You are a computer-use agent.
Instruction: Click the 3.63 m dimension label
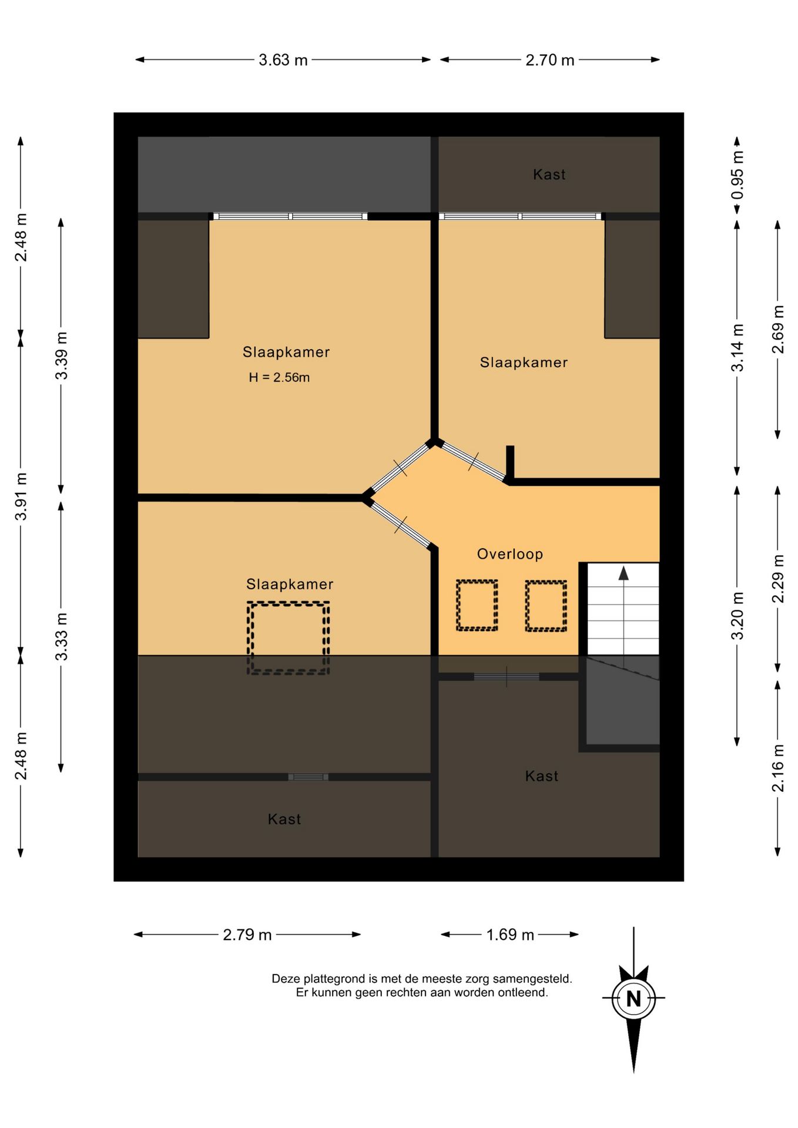(283, 60)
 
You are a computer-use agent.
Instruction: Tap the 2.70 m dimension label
(550, 60)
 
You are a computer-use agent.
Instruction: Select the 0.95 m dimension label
(737, 175)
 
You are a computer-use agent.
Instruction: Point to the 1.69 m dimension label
(510, 935)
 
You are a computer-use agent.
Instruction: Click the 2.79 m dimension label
(247, 935)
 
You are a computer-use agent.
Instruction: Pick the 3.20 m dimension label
(737, 616)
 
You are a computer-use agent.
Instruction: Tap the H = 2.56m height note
(279, 378)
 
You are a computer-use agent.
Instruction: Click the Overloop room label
(510, 554)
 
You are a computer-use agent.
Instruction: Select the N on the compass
(633, 999)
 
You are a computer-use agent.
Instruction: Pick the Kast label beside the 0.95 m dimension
(549, 174)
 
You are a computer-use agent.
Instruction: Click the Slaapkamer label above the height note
(286, 352)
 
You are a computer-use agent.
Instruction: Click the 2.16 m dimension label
(778, 768)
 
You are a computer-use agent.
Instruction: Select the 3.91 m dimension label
(21, 496)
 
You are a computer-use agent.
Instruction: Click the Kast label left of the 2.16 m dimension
(542, 776)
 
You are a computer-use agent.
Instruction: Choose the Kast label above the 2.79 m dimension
(284, 820)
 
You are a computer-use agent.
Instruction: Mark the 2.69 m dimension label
(778, 330)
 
